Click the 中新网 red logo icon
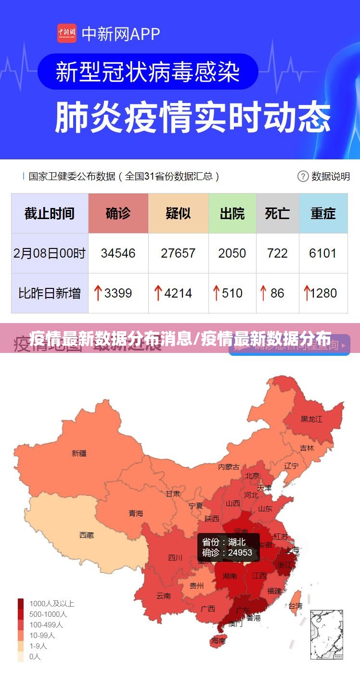(x=67, y=33)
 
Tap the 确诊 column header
(x=118, y=213)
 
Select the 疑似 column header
(x=178, y=213)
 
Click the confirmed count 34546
(x=118, y=253)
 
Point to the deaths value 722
(x=277, y=253)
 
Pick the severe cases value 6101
(x=323, y=253)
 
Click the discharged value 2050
(x=232, y=253)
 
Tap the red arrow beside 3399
(x=98, y=293)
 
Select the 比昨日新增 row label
(x=50, y=293)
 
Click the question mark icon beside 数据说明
(x=303, y=176)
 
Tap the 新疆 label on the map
(x=79, y=453)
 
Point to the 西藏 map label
(x=87, y=535)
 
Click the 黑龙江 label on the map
(x=311, y=419)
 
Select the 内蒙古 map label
(x=229, y=467)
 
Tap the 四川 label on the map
(x=175, y=558)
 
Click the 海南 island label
(x=218, y=641)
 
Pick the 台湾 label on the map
(x=295, y=606)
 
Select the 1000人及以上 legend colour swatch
(x=21, y=603)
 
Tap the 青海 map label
(x=136, y=514)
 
